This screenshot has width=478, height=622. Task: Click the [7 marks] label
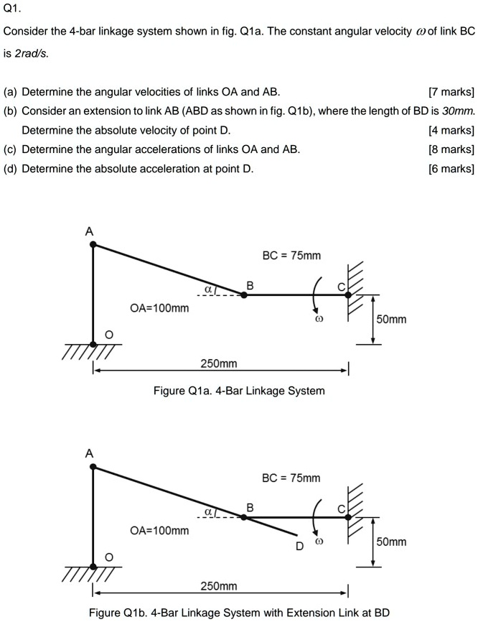pos(451,92)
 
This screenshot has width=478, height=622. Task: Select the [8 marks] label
pos(451,149)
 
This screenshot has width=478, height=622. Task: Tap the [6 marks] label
pos(451,169)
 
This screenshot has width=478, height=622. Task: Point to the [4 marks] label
pos(451,130)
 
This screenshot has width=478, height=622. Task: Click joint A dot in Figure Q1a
pos(93,245)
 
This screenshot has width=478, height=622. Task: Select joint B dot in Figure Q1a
pos(243,294)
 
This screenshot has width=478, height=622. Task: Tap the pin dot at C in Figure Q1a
pos(348,294)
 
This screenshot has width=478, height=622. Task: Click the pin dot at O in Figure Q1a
pos(93,344)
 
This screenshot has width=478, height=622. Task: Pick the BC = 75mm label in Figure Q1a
pos(291,256)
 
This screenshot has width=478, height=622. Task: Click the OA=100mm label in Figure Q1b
pos(159,531)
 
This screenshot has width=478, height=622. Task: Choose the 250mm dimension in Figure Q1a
pos(218,364)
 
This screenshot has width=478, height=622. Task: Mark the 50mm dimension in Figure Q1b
pos(392,542)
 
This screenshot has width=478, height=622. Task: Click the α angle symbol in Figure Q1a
pos(208,288)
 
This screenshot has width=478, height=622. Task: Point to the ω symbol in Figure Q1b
pos(320,542)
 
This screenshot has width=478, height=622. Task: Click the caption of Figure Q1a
pos(239,391)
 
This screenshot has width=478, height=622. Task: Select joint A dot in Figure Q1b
pos(93,467)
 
